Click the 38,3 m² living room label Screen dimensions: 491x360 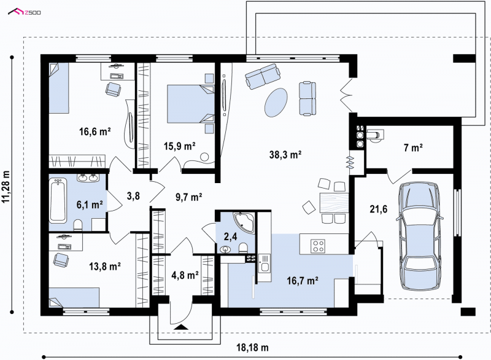(x=285, y=154)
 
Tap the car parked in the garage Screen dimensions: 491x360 (x=419, y=232)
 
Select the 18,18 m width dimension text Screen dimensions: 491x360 (x=252, y=348)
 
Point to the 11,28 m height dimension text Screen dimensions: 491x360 (x=6, y=187)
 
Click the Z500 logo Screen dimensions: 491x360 (x=25, y=12)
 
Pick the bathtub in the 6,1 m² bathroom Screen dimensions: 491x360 (x=58, y=200)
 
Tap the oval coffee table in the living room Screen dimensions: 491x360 (x=276, y=103)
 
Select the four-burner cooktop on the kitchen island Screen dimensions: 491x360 (x=317, y=246)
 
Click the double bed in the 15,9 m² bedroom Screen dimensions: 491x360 (x=190, y=104)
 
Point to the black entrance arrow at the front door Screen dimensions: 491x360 (x=180, y=327)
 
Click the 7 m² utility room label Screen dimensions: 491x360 (x=413, y=147)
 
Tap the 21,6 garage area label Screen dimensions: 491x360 (x=378, y=209)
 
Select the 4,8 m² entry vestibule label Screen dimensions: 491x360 (x=185, y=275)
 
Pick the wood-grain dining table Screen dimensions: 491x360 (x=334, y=203)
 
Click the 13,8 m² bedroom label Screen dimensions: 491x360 (x=105, y=267)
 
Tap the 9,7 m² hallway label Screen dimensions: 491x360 (x=188, y=197)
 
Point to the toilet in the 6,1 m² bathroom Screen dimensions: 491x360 (x=78, y=225)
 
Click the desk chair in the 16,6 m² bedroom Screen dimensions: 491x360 (x=113, y=89)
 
